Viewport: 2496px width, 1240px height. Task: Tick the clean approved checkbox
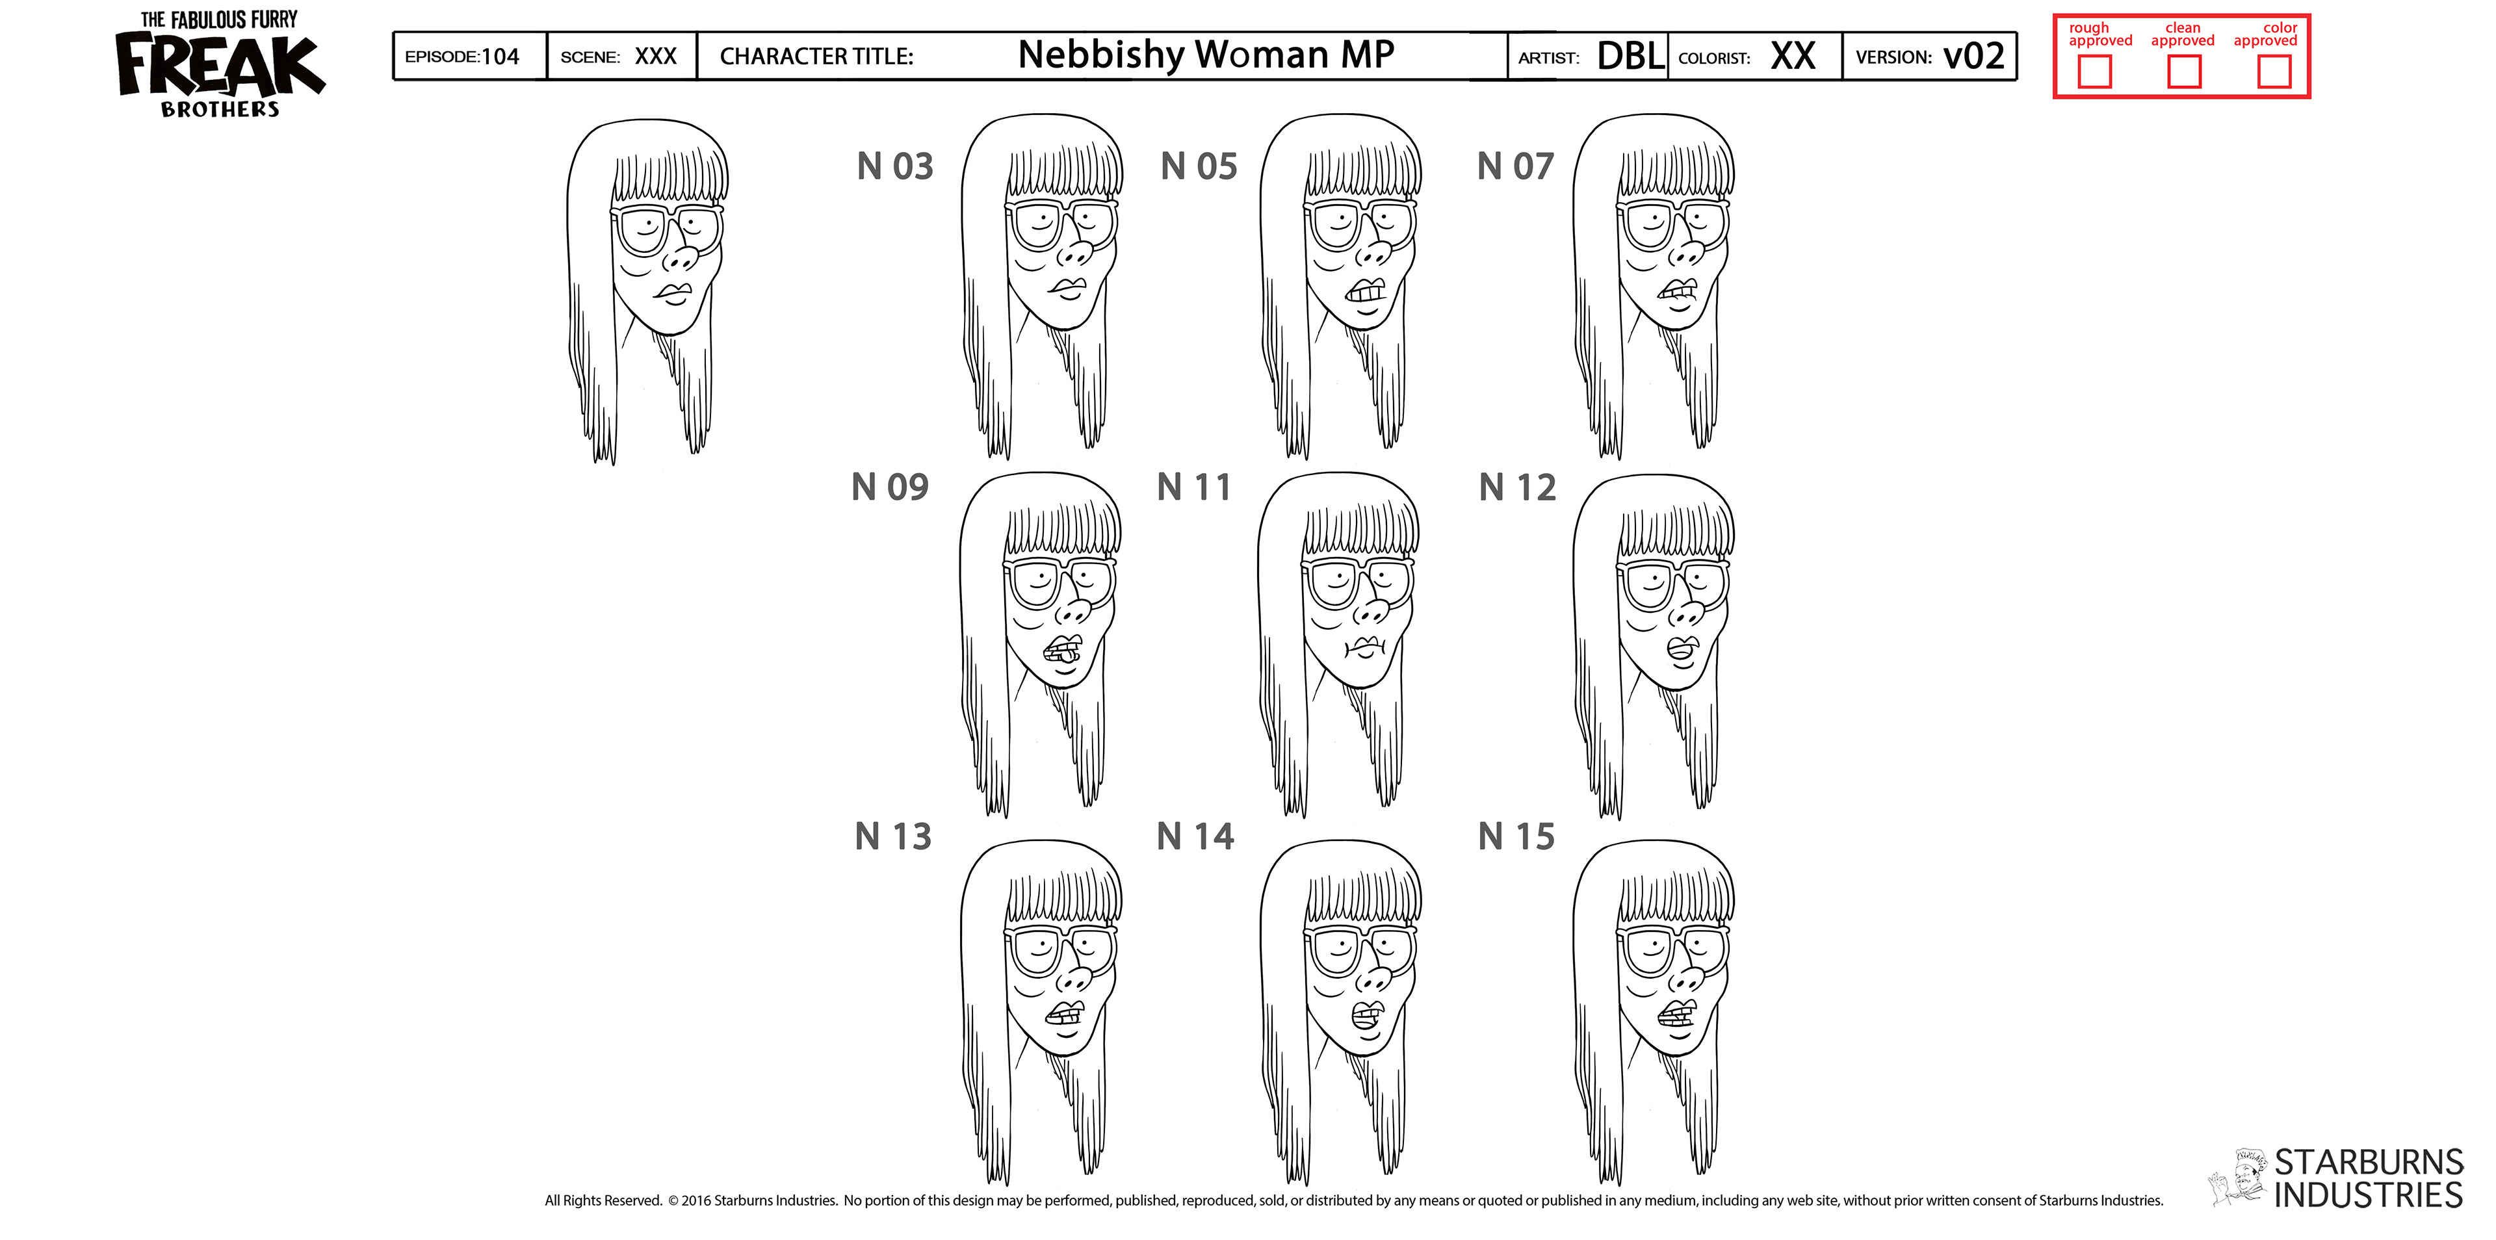click(2184, 71)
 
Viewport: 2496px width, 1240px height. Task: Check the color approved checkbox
click(2274, 71)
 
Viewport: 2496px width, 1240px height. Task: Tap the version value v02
click(1974, 56)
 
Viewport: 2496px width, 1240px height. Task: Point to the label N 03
click(894, 166)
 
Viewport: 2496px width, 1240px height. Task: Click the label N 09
click(889, 487)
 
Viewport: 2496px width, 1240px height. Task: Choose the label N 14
click(1195, 837)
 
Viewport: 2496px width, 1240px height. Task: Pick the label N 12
click(1517, 487)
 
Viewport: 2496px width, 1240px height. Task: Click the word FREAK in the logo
click(221, 66)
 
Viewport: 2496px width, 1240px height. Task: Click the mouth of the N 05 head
click(1366, 291)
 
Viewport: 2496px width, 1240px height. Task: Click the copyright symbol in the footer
click(673, 1201)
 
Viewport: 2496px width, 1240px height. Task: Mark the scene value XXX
click(655, 56)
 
